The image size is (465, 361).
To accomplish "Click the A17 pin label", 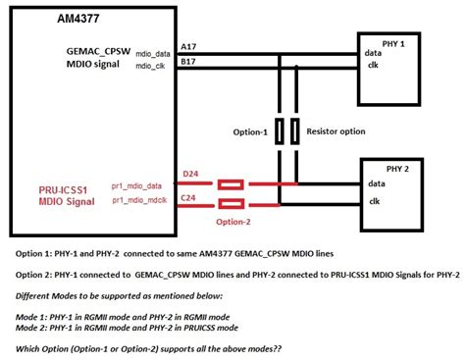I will pos(189,47).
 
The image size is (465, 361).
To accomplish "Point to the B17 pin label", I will pos(189,62).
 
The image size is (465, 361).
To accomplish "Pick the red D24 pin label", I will pos(189,176).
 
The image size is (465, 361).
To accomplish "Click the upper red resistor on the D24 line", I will pos(231,183).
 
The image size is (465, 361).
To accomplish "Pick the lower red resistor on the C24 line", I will pos(231,203).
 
